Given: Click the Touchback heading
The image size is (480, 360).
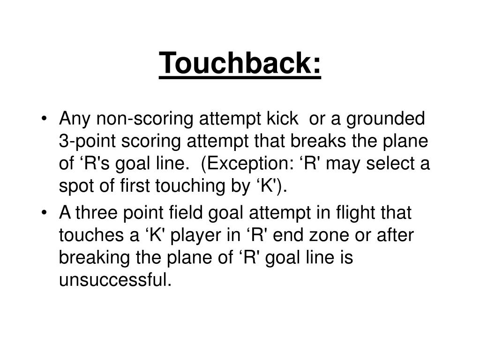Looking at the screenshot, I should click(x=240, y=63).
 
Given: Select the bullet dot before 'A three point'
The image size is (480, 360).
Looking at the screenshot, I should click(x=44, y=213).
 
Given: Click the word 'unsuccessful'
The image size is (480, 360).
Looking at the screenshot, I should click(x=112, y=280).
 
